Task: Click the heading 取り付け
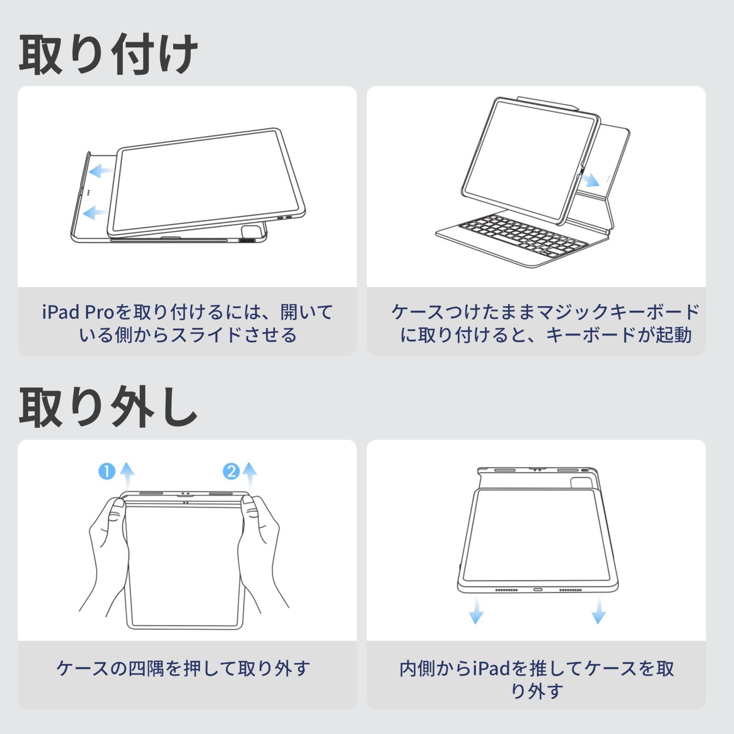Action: [x=108, y=55]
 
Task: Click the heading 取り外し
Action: [x=108, y=407]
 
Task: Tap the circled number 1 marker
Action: [x=107, y=471]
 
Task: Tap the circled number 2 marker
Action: [x=231, y=471]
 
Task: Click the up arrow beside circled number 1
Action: [x=127, y=475]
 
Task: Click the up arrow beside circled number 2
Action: [x=250, y=475]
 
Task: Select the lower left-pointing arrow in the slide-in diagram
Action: [x=96, y=212]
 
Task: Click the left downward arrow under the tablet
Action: [x=476, y=610]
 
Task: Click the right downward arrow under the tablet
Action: [x=598, y=610]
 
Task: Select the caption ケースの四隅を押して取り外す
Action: [x=183, y=668]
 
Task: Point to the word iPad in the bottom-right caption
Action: [x=491, y=669]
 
